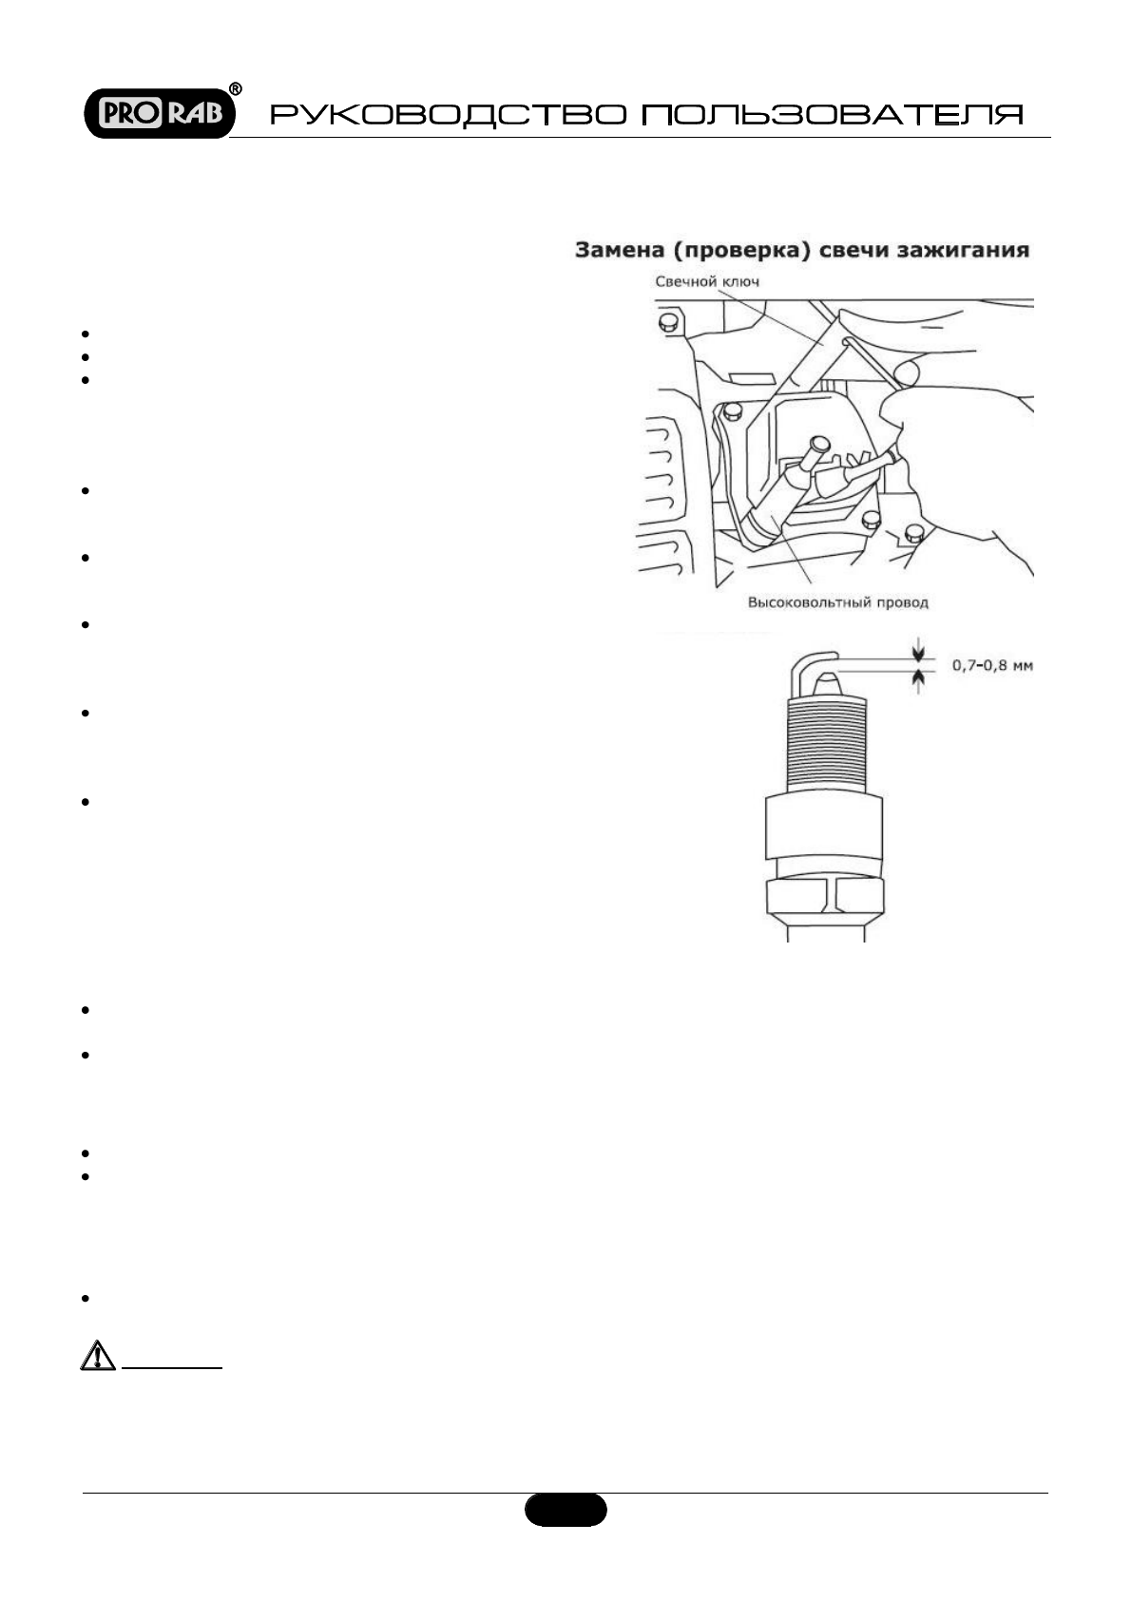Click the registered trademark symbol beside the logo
[236, 89]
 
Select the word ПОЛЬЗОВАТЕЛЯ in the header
[833, 116]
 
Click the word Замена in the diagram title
[617, 251]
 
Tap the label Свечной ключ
[707, 281]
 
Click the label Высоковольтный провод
[837, 601]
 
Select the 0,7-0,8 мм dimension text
[992, 665]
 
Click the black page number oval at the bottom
[566, 1510]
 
